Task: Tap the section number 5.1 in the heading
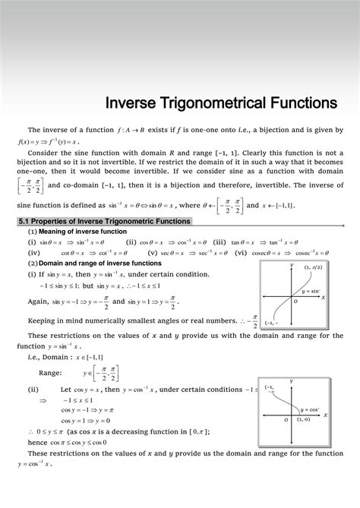(x=24, y=221)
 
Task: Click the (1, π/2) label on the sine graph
(x=312, y=267)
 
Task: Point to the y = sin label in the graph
(x=310, y=292)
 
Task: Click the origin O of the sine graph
(x=296, y=301)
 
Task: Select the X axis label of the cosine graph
(x=325, y=415)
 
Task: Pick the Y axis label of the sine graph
(x=292, y=265)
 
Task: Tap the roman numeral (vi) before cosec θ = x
(x=241, y=253)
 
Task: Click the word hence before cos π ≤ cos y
(x=37, y=442)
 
